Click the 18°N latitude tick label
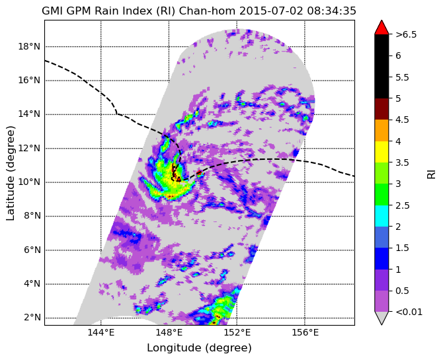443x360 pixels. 29,46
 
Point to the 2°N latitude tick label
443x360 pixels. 32,318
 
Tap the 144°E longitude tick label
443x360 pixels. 101,333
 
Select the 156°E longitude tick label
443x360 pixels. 305,333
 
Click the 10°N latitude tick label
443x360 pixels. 29,182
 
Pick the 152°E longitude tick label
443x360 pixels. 237,333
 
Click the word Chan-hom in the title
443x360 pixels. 208,11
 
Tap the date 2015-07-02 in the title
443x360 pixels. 271,11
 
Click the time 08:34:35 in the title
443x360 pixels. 331,11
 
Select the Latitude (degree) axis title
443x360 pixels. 10,173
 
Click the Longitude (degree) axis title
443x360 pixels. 199,348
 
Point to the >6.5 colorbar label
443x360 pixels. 406,35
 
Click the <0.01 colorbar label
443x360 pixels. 409,312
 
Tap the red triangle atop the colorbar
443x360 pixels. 382,28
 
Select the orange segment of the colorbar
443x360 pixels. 382,130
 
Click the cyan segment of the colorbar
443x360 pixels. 382,216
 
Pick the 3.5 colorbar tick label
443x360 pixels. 402,162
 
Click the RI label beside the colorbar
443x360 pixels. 432,173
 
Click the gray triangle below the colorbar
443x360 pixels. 382,317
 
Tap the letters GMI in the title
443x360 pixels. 52,11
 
